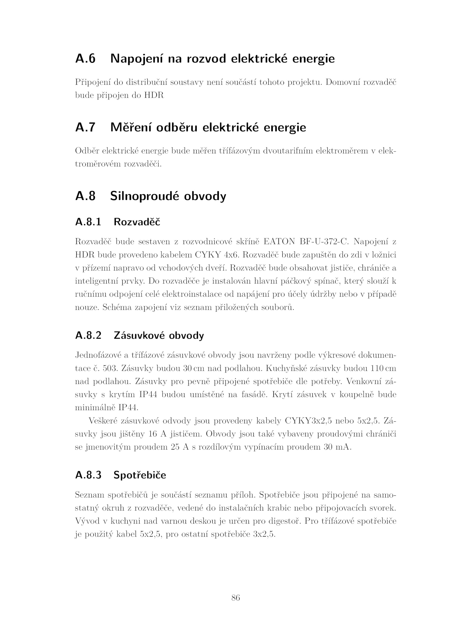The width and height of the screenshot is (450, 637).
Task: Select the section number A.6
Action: click(x=85, y=59)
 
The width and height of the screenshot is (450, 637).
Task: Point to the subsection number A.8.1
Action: click(x=88, y=222)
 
